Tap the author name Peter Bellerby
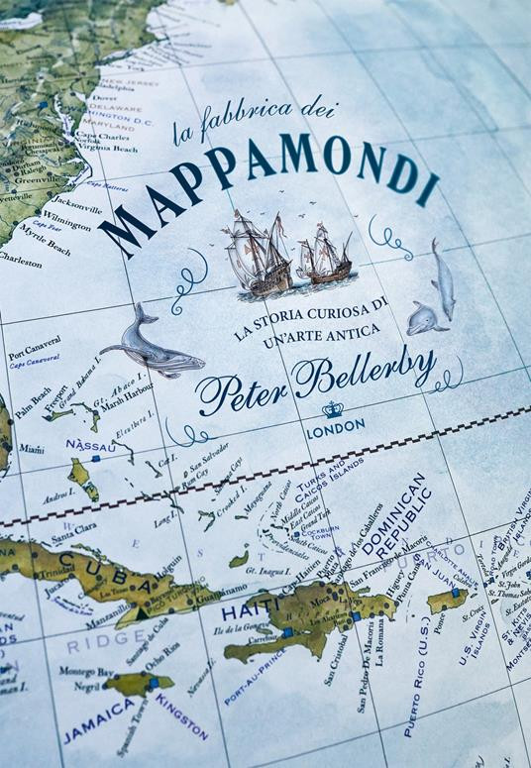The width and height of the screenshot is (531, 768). coord(315,377)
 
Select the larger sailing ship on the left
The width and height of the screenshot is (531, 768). coord(258,253)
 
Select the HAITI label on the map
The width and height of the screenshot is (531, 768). coord(243,613)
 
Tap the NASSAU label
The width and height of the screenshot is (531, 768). coord(86,447)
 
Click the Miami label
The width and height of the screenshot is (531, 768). coord(32,449)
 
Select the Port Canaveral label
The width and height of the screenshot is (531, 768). coord(35,353)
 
